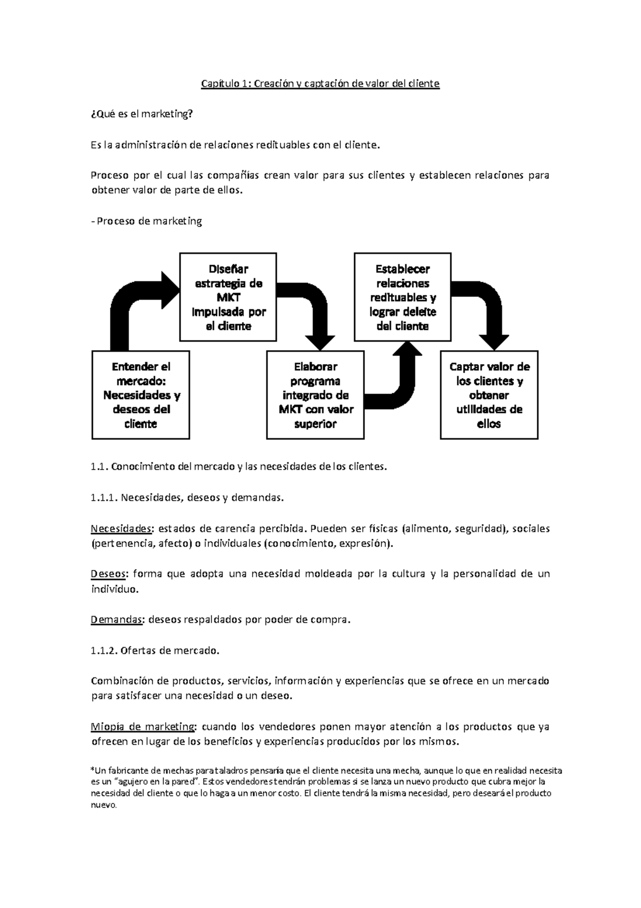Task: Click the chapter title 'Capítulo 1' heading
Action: (x=319, y=83)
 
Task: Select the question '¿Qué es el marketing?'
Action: (x=141, y=114)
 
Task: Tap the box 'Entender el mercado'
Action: (x=140, y=395)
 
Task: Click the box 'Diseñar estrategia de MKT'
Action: (x=228, y=297)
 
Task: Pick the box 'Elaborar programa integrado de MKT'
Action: (x=315, y=395)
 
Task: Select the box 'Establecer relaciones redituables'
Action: (x=402, y=297)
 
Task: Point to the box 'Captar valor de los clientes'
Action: (x=489, y=395)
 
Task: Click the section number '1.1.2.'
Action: (x=104, y=651)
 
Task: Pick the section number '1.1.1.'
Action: (x=104, y=498)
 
